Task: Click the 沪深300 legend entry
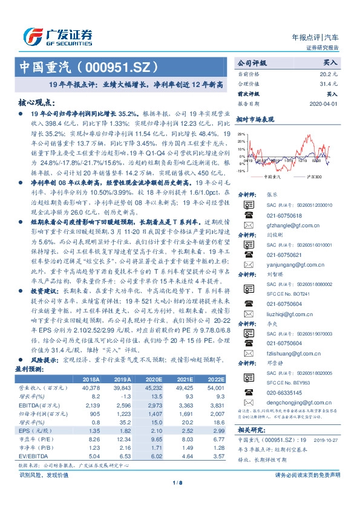click(x=307, y=177)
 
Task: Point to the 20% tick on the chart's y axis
click(x=241, y=134)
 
